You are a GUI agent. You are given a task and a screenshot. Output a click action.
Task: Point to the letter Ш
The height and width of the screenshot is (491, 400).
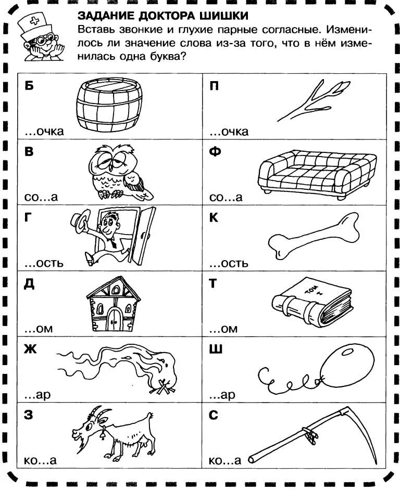point(216,350)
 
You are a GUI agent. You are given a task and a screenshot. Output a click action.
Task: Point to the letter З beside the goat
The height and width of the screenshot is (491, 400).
point(29,415)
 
